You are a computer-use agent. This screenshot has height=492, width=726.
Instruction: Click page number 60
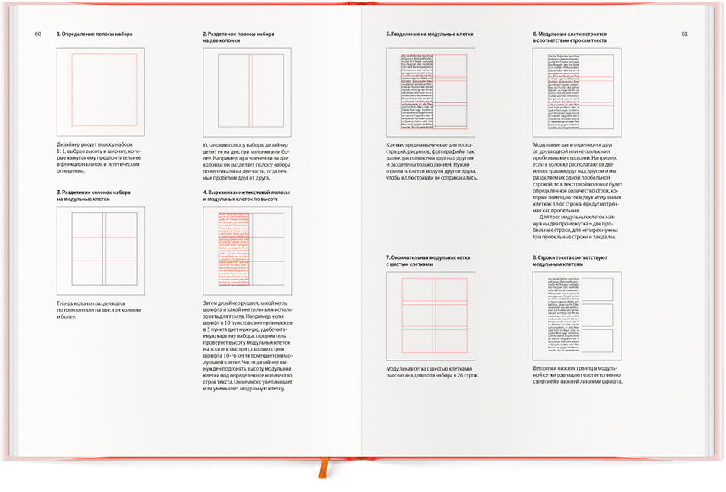(x=37, y=34)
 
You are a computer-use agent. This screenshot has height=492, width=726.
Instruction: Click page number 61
(x=685, y=34)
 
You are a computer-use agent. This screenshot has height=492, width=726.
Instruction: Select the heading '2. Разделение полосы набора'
(x=238, y=34)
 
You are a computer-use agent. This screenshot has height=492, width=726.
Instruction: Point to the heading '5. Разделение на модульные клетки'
(x=430, y=34)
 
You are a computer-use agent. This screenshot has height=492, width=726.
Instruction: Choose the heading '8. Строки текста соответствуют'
(x=570, y=258)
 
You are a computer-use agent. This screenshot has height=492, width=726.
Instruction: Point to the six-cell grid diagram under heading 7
(x=431, y=316)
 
